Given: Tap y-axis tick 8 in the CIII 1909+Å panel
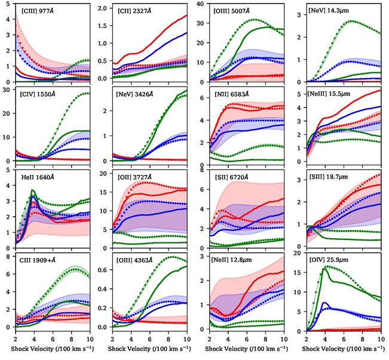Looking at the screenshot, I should pos(10,257).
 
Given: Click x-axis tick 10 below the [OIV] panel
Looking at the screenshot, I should pos(382,338).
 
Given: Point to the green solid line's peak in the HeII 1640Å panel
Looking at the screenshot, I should pos(33,190).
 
